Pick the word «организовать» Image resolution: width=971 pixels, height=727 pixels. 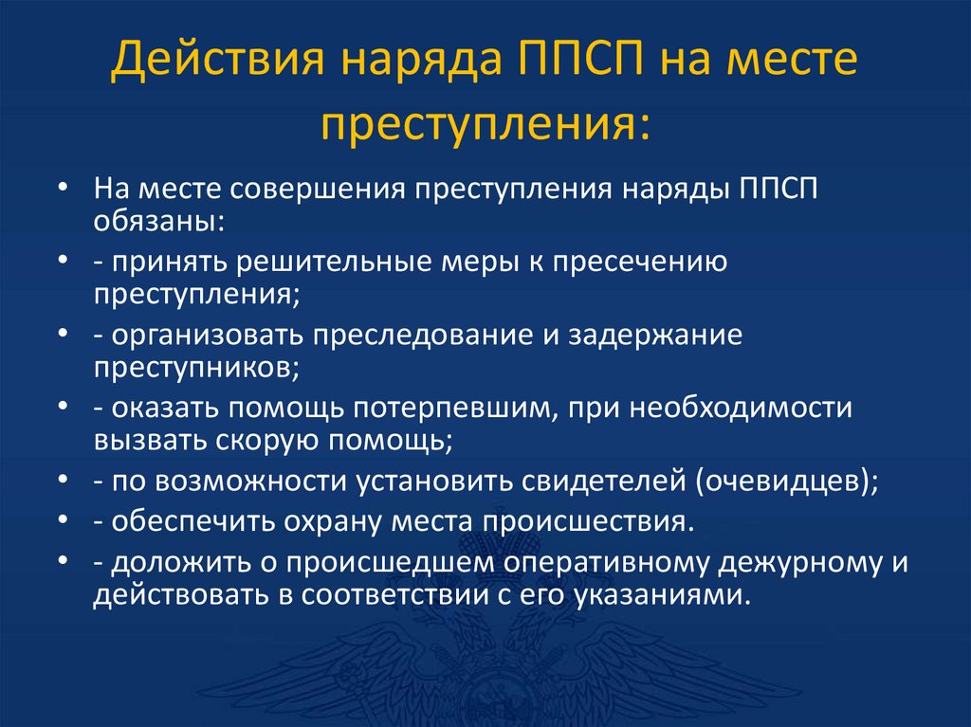coord(210,336)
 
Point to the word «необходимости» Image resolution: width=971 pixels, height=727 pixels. coord(745,409)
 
